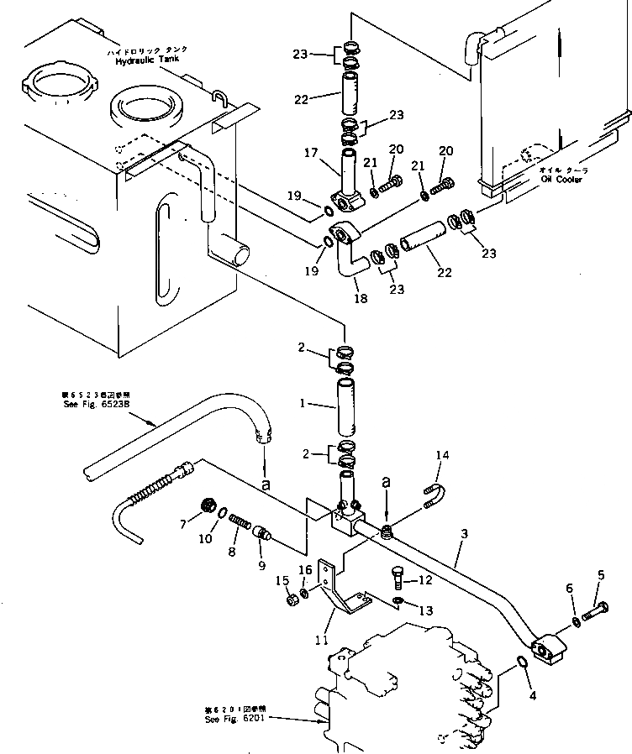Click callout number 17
(x=313, y=153)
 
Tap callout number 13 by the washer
(x=426, y=610)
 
